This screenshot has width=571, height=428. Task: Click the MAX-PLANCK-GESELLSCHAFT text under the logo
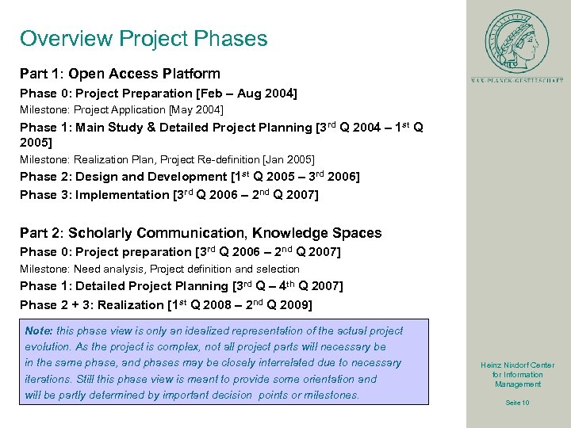516,80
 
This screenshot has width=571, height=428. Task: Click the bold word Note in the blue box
39,331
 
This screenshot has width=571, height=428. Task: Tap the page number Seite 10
517,403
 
